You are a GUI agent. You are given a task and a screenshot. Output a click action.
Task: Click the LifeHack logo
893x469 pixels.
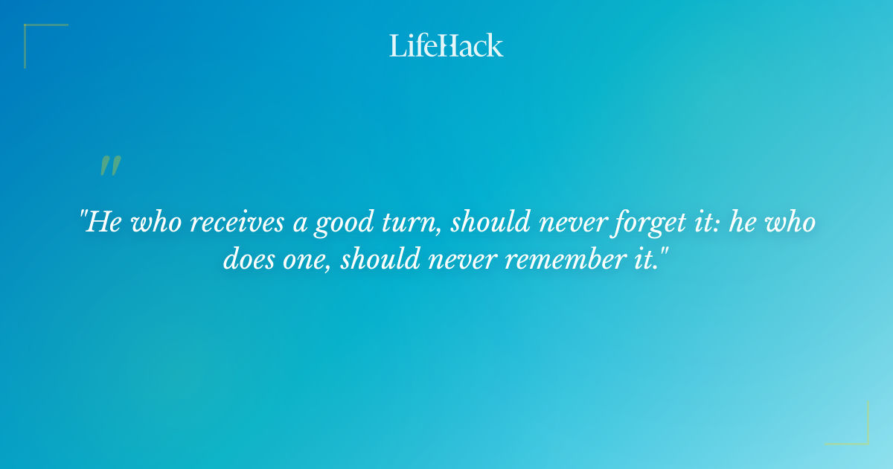tap(446, 45)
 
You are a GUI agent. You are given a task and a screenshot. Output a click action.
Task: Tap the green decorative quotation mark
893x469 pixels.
tap(110, 166)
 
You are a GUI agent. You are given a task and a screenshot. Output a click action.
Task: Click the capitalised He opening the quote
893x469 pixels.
tap(102, 223)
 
